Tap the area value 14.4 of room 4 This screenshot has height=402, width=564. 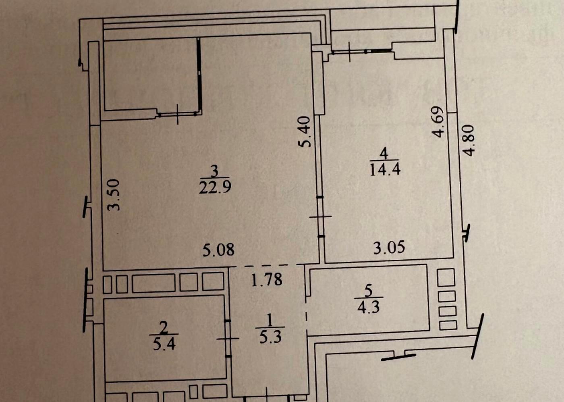click(x=385, y=169)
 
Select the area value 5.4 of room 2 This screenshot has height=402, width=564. click(x=164, y=344)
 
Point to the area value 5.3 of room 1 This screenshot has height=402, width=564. click(x=270, y=337)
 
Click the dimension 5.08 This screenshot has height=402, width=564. click(x=218, y=250)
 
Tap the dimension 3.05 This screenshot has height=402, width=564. click(x=389, y=247)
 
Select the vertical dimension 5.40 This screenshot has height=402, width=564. click(x=305, y=131)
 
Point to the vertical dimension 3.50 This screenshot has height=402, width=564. click(x=114, y=195)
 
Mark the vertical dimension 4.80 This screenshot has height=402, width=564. click(x=469, y=140)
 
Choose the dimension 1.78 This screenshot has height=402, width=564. click(x=267, y=280)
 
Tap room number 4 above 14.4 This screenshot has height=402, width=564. click(x=384, y=154)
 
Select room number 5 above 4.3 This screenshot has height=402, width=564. click(x=368, y=292)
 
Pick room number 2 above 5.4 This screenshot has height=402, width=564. click(x=164, y=328)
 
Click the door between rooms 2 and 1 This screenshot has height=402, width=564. click(x=228, y=338)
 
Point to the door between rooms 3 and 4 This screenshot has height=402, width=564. click(x=321, y=217)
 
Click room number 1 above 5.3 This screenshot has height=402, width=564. click(x=270, y=321)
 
